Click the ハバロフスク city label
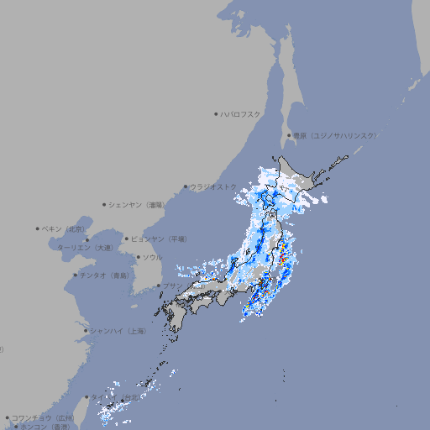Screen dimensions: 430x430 click(241, 113)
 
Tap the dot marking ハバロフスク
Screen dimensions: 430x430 click(216, 113)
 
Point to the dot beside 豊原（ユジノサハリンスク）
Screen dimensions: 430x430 click(289, 135)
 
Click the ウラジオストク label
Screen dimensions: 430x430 click(213, 186)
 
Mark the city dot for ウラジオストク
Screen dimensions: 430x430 click(186, 186)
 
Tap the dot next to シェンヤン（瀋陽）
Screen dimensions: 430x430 click(105, 204)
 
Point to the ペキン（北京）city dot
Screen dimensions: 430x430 click(38, 228)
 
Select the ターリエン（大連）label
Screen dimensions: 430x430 click(84, 248)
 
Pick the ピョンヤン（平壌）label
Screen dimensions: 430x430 click(159, 239)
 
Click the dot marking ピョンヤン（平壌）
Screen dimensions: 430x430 click(127, 239)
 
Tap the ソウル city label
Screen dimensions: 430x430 click(152, 257)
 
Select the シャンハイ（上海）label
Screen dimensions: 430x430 click(118, 331)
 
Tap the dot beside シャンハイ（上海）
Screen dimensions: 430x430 click(85, 331)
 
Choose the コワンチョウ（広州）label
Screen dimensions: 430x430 click(43, 417)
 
